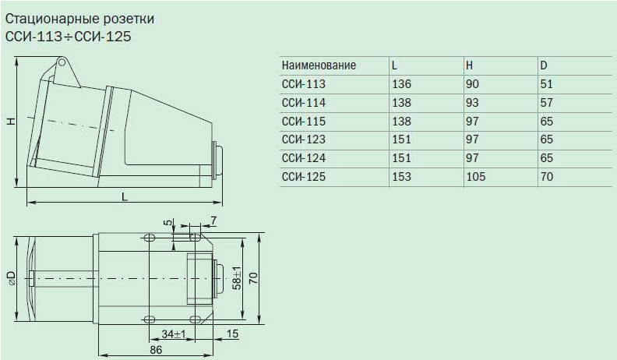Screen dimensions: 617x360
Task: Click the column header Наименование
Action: pyautogui.click(x=319, y=65)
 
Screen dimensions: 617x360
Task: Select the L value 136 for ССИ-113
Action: pyautogui.click(x=401, y=84)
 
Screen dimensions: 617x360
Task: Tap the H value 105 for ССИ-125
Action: pyautogui.click(x=476, y=177)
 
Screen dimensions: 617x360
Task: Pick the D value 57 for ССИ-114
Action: pyautogui.click(x=547, y=103)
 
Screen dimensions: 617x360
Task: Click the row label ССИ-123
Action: pyautogui.click(x=304, y=139)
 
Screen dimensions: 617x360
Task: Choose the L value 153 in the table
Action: pyautogui.click(x=401, y=177)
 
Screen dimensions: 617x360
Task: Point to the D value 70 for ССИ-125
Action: pyautogui.click(x=547, y=177)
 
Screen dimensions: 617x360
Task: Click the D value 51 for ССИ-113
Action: pyautogui.click(x=547, y=84)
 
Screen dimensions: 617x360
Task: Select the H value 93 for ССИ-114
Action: pyautogui.click(x=472, y=103)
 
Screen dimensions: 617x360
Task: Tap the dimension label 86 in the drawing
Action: pyautogui.click(x=156, y=349)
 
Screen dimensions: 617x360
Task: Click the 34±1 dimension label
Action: pyautogui.click(x=174, y=334)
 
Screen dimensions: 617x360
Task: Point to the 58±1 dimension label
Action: pyautogui.click(x=237, y=278)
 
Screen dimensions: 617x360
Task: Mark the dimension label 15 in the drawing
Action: pyautogui.click(x=233, y=334)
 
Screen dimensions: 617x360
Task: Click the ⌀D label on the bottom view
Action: pyautogui.click(x=12, y=278)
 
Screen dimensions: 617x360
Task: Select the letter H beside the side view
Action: pyautogui.click(x=12, y=121)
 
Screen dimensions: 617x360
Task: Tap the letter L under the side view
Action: pyautogui.click(x=125, y=196)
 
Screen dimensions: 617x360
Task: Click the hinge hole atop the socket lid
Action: pyautogui.click(x=61, y=62)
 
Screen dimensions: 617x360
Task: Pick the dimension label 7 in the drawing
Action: pyautogui.click(x=213, y=221)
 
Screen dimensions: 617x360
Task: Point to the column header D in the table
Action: pyautogui.click(x=544, y=65)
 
